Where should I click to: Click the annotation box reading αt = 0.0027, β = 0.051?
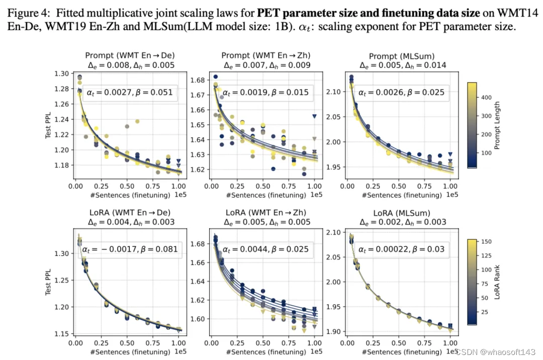[129, 93]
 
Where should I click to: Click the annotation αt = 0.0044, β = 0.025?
[265, 249]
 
